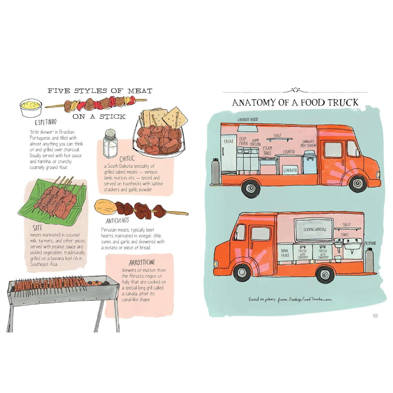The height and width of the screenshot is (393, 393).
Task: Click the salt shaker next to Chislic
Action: pyautogui.click(x=110, y=143)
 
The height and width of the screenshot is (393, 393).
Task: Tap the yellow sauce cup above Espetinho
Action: pyautogui.click(x=31, y=108)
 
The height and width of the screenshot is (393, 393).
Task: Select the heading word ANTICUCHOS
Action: pyautogui.click(x=117, y=221)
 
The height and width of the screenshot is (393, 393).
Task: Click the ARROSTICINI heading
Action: pyautogui.click(x=142, y=262)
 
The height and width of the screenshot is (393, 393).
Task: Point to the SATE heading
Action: pyautogui.click(x=37, y=228)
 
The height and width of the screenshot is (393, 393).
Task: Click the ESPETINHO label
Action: pyautogui.click(x=45, y=122)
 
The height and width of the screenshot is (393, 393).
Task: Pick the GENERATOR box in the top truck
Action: pyautogui.click(x=290, y=170)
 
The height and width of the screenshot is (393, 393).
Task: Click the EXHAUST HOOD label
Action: pyautogui.click(x=248, y=120)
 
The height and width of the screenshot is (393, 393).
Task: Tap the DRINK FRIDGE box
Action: pyautogui.click(x=285, y=253)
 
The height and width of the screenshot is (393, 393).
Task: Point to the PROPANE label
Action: pyautogui.click(x=370, y=243)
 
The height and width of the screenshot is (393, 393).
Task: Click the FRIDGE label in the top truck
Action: pyautogui.click(x=228, y=142)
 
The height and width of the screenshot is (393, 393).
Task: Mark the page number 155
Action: pyautogui.click(x=375, y=316)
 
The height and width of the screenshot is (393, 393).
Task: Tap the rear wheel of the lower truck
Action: pyautogui.click(x=325, y=274)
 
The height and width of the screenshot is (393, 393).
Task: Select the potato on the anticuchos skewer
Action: pyautogui.click(x=105, y=207)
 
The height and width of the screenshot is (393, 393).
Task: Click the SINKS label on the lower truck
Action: pyautogui.click(x=345, y=235)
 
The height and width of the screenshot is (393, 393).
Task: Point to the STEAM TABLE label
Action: pyautogui.click(x=267, y=150)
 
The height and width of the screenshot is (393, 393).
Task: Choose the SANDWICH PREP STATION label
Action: pyautogui.click(x=308, y=144)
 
